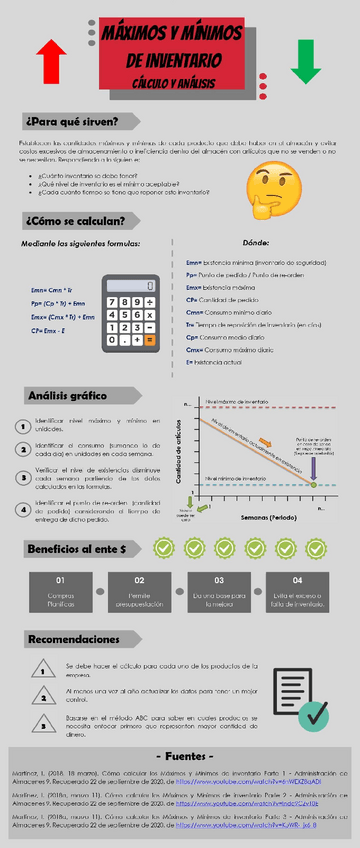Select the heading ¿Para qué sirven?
click(74, 122)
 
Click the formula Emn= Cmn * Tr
click(53, 289)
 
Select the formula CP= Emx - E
click(48, 330)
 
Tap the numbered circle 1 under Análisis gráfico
click(22, 426)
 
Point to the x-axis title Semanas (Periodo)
click(268, 519)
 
